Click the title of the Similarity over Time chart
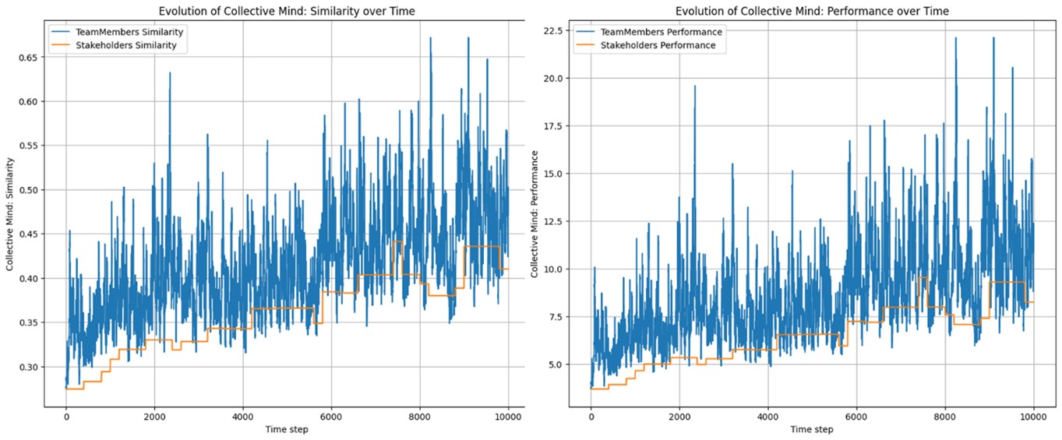point(287,11)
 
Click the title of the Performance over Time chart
point(812,11)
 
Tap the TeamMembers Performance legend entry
point(648,32)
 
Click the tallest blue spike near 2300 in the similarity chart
point(170,74)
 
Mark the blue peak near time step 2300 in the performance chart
point(695,87)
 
